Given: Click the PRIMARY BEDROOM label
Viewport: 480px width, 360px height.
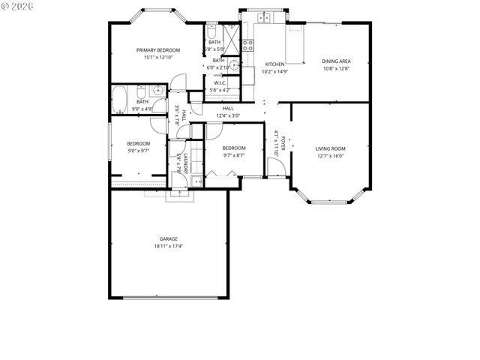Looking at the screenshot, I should (x=158, y=50).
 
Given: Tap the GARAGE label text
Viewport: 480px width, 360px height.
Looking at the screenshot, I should (x=168, y=238).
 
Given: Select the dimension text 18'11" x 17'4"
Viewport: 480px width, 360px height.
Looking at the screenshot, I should (x=168, y=246).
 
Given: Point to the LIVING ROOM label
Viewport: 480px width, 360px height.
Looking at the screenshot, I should (x=330, y=148).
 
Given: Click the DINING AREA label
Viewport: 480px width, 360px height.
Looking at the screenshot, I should (x=336, y=61).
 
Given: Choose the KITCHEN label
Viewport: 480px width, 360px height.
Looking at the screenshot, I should (x=274, y=64).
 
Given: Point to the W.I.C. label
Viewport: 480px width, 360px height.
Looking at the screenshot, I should (x=220, y=83).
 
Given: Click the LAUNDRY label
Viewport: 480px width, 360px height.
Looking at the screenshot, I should (x=184, y=164).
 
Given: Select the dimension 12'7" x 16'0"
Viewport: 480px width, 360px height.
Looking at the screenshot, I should (x=330, y=157).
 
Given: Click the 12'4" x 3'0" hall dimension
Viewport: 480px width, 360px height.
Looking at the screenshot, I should (x=228, y=115).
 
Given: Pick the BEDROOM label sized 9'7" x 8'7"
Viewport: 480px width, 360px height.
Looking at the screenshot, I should (x=234, y=148).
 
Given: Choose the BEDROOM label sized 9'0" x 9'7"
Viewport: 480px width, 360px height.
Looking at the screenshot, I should (x=138, y=143).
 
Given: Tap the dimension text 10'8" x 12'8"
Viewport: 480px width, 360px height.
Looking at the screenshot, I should (x=336, y=69).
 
